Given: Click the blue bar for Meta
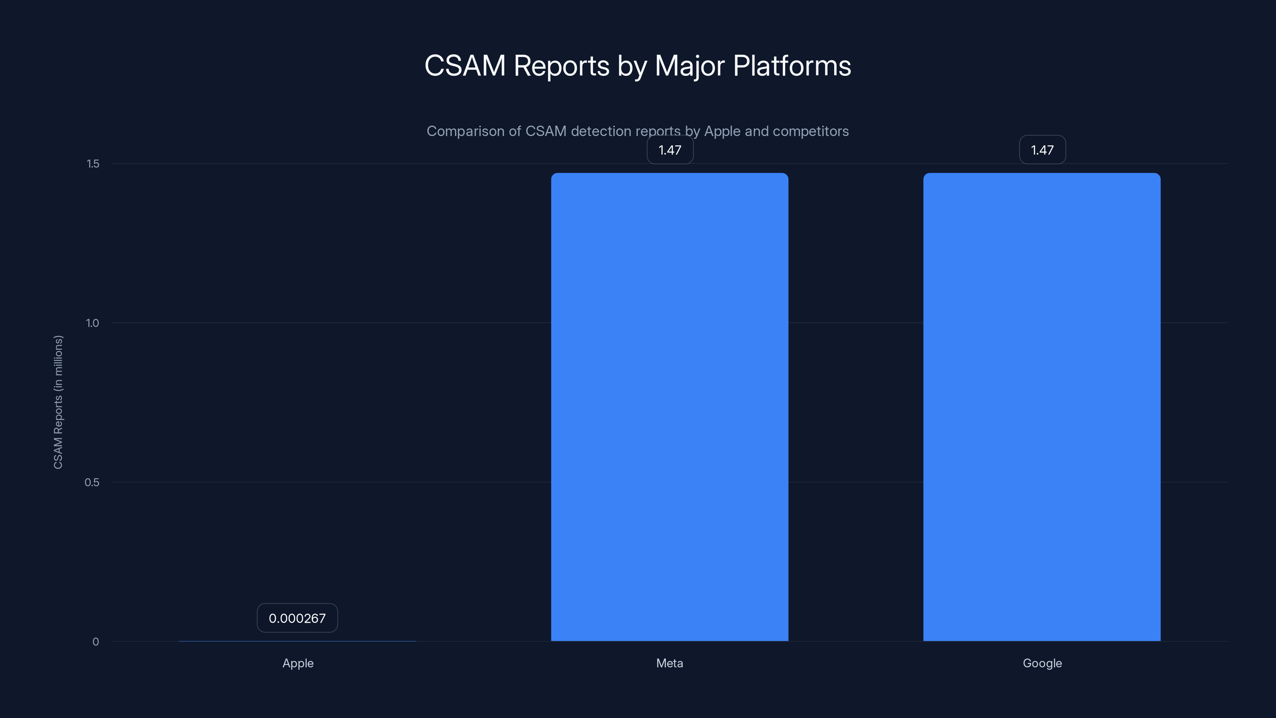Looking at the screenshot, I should [669, 406].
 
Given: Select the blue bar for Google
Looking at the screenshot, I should [1042, 406].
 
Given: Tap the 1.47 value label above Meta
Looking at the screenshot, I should [670, 150].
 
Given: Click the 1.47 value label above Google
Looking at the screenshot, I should [1042, 150].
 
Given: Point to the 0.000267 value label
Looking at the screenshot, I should [297, 618].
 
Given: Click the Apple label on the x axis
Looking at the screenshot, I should [298, 663].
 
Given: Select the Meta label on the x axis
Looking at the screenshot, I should [669, 663].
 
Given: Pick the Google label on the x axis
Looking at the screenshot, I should [1042, 663].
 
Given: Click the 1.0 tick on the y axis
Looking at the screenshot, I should [93, 323].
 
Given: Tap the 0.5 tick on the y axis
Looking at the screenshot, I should [92, 482].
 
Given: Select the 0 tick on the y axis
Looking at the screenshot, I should [96, 642].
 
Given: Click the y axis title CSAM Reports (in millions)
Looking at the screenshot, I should [58, 402].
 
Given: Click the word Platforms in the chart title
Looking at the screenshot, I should [792, 66].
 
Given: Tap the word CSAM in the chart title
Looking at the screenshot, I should [465, 66].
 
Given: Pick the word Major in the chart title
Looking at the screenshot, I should [689, 66].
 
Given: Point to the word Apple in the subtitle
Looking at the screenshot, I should [722, 131].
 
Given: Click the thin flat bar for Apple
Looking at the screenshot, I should [297, 641].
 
